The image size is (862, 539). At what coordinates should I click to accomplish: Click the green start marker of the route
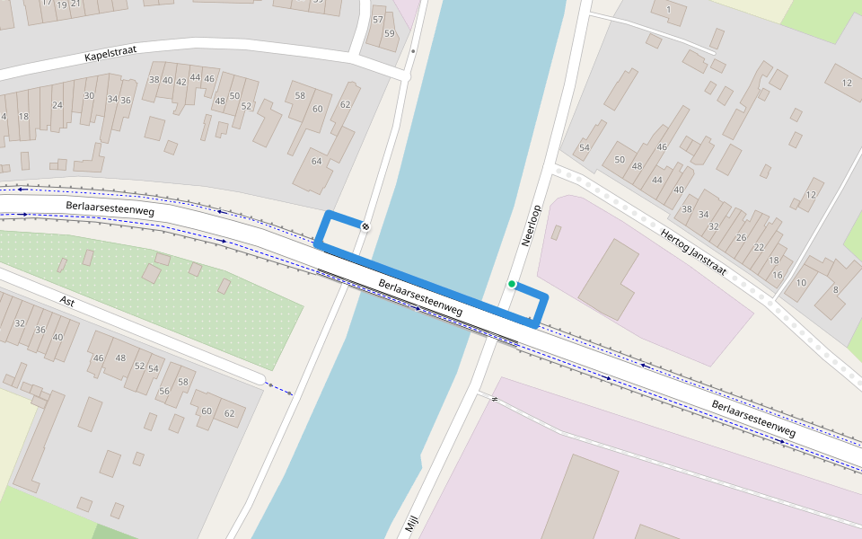tap(512, 285)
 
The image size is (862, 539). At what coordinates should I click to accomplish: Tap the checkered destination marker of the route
tap(365, 225)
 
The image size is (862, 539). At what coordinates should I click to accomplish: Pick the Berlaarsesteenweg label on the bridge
tap(420, 297)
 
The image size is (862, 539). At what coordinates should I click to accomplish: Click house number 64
tap(316, 161)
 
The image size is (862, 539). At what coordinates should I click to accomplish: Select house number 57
tap(377, 20)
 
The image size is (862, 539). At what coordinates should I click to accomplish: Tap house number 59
tap(389, 33)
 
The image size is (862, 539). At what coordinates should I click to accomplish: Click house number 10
tap(801, 283)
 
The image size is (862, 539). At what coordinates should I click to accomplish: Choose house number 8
tap(835, 289)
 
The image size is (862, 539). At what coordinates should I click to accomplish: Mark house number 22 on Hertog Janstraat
tap(759, 247)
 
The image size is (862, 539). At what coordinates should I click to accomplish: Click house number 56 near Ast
tap(164, 391)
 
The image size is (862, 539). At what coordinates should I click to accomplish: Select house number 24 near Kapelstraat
tap(57, 105)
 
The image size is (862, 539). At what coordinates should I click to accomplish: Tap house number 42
tap(180, 82)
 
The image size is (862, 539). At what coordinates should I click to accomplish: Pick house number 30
tap(89, 95)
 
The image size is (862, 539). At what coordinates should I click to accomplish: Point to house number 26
tap(742, 237)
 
